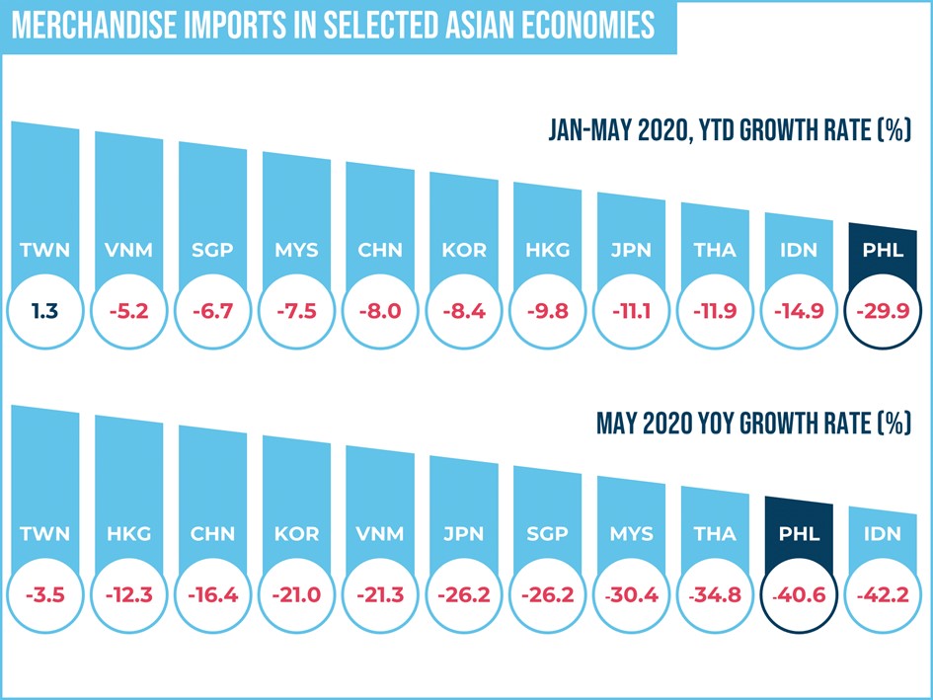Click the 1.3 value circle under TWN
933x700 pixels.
coord(45,312)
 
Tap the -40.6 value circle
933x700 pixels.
coord(799,596)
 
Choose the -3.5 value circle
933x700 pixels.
coord(45,596)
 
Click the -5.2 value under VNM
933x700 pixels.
coord(128,312)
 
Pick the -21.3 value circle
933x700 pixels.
coord(380,596)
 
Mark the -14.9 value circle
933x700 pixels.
coord(799,312)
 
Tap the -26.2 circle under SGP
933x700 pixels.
coord(548,596)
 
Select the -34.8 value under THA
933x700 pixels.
coord(715,596)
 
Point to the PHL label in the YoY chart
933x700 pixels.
coord(799,534)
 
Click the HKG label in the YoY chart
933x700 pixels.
coord(128,534)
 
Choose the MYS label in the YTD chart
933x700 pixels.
coord(296,250)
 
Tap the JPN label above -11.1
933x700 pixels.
coord(631,250)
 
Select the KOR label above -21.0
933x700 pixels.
coord(296,534)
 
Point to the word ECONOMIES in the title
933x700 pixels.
coord(577,26)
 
